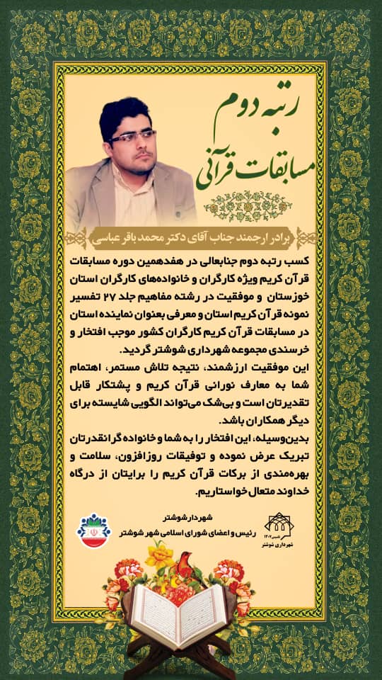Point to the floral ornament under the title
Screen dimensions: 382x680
257,204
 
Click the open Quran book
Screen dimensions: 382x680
178,613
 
